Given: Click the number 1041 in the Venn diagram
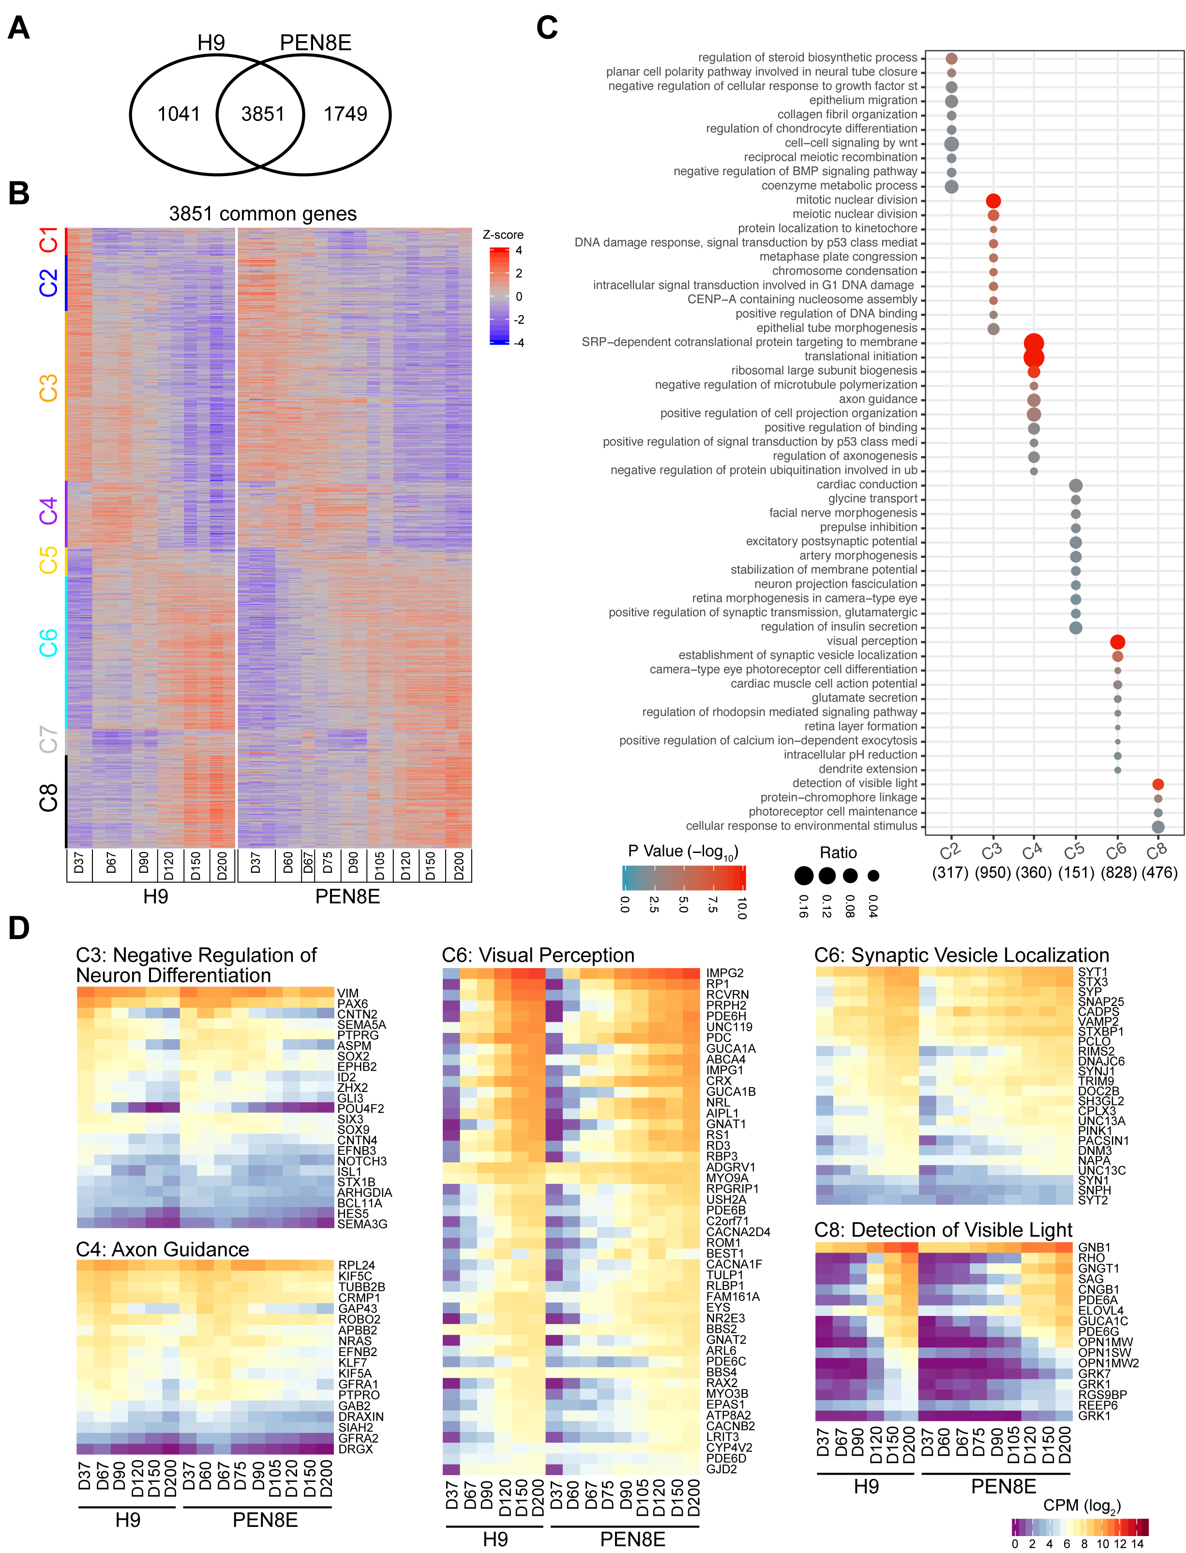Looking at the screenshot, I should (x=179, y=114).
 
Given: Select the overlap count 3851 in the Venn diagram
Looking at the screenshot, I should (x=263, y=114).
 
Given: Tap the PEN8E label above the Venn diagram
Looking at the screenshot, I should (x=315, y=43).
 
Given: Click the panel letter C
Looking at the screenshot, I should (x=547, y=28).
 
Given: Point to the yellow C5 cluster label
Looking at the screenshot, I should (x=48, y=561).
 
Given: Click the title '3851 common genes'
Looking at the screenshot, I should (x=263, y=214).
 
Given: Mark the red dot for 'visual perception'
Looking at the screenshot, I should (x=1117, y=642).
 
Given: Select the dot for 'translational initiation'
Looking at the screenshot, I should (x=1034, y=357).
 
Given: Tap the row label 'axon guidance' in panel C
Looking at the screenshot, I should (x=877, y=399).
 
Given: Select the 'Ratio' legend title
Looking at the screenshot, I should (x=838, y=853).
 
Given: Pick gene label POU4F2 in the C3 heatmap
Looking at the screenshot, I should (x=361, y=1108).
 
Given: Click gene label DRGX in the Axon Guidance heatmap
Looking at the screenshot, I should (x=355, y=1448).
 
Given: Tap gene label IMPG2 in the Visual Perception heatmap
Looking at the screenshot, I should (x=724, y=973).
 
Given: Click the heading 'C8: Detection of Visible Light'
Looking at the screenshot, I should (x=943, y=1230).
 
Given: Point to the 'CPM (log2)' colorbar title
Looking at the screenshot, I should (x=1081, y=1505).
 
